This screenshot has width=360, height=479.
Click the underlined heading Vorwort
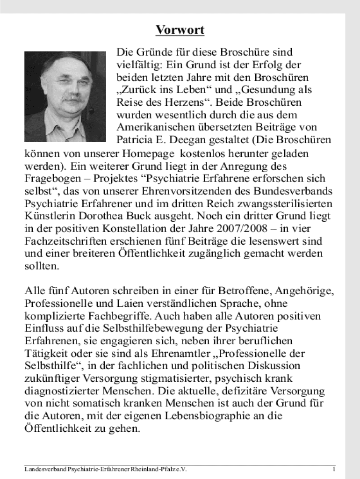click(180, 31)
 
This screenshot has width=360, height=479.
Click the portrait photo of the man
click(65, 96)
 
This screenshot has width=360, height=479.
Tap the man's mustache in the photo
click(72, 98)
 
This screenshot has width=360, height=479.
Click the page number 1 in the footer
click(334, 469)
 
